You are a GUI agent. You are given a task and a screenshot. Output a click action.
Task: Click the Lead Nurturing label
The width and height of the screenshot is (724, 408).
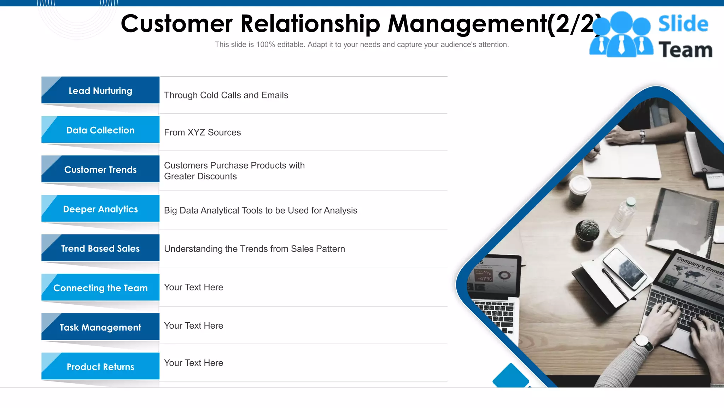[100, 91]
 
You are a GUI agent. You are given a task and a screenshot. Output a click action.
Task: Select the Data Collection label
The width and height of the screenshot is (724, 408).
[100, 130]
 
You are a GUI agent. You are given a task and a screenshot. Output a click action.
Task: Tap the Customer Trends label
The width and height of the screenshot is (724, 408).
[100, 170]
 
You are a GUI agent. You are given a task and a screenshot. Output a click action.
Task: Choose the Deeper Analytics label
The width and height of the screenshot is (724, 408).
[100, 209]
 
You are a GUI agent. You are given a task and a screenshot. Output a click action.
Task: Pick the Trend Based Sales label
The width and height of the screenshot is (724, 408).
[100, 249]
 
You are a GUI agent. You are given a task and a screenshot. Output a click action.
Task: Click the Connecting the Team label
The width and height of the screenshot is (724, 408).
[100, 288]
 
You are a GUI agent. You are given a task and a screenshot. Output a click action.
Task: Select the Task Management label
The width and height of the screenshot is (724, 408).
[100, 327]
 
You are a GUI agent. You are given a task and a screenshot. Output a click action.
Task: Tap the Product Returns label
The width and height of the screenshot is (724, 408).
[100, 367]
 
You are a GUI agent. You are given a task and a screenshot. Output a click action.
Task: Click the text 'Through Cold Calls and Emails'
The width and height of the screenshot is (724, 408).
[226, 95]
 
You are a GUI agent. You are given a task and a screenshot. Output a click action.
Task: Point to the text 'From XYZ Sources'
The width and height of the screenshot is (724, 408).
[202, 132]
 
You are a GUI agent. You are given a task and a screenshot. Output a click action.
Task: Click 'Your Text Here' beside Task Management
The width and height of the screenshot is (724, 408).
[193, 325]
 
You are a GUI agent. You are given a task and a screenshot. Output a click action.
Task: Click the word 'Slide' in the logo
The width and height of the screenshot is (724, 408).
[683, 24]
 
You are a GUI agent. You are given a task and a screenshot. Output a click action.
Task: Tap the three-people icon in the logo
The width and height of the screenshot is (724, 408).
[621, 35]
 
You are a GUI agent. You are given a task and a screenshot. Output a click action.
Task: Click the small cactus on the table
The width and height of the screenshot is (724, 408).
[587, 230]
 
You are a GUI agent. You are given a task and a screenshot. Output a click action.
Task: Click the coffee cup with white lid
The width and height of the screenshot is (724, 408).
[580, 189]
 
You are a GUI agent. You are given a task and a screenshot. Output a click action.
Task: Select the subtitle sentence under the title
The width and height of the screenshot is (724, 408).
[362, 45]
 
